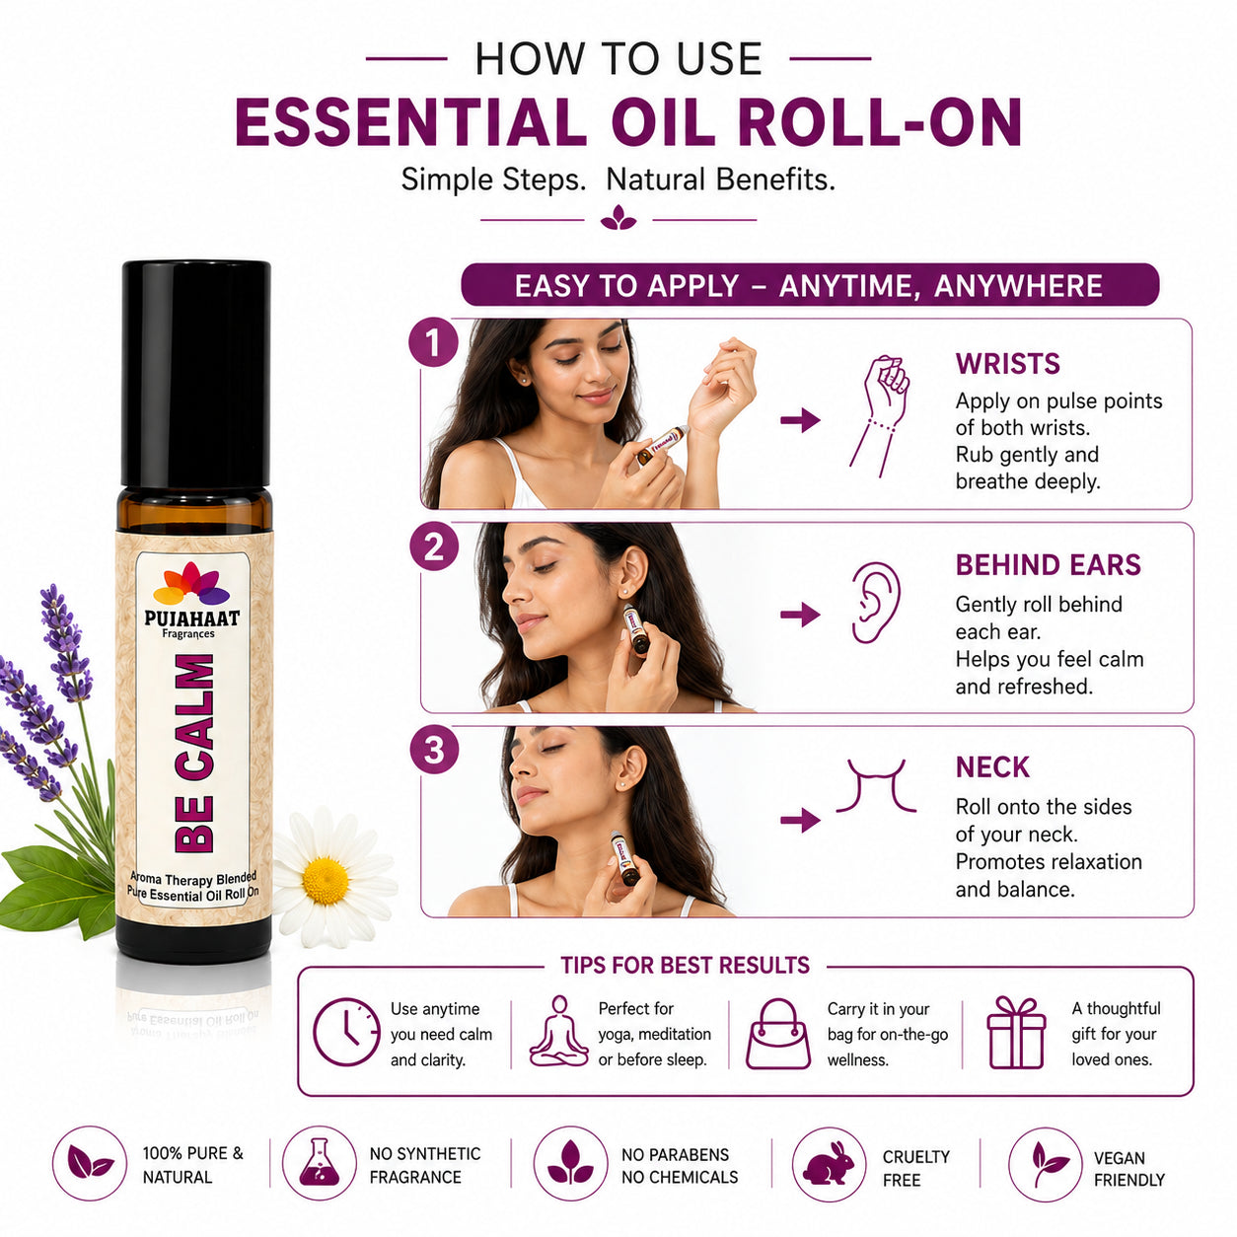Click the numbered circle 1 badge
433,342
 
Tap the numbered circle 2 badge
434,546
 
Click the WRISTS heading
1007,364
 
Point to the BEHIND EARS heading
1048,565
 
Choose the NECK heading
992,767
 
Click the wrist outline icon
880,415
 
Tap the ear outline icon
876,602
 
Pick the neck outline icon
876,785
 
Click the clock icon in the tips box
346,1033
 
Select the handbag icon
778,1034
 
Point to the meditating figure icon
559,1031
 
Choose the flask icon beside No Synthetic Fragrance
319,1162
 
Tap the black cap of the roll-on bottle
195,374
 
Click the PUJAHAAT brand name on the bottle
192,618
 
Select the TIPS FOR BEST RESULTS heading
685,966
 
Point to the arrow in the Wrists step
800,420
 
